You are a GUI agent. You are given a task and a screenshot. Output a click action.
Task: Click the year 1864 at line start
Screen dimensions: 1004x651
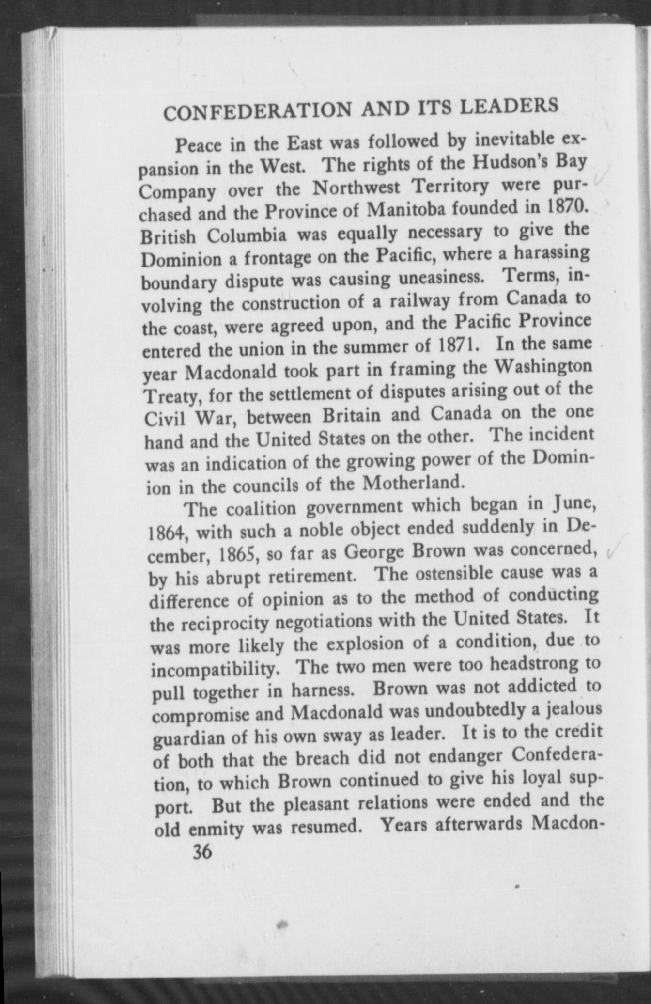pyautogui.click(x=164, y=534)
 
